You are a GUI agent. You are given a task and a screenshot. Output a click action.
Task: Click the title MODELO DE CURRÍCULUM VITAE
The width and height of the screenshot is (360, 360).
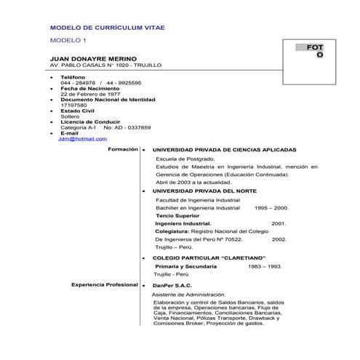click(x=107, y=28)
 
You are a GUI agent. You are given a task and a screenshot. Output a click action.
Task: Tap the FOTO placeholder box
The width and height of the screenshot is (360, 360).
click(x=316, y=52)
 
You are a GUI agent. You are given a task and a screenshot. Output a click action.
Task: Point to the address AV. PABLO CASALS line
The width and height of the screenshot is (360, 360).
click(x=105, y=65)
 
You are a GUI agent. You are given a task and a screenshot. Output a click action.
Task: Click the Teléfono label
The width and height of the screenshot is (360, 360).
click(x=73, y=77)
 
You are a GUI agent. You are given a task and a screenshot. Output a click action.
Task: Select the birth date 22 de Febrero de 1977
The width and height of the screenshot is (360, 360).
click(x=90, y=94)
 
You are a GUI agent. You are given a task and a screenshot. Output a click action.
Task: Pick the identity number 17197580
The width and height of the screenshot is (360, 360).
click(x=73, y=105)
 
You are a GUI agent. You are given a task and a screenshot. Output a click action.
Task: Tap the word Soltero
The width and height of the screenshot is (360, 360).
click(x=71, y=116)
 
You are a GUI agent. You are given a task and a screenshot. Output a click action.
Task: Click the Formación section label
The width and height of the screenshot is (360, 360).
click(x=122, y=148)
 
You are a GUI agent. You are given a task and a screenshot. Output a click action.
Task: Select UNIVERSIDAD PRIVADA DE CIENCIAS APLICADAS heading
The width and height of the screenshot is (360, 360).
click(x=224, y=149)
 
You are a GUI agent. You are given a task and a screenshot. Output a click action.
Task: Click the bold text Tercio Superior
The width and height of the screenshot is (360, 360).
click(x=177, y=215)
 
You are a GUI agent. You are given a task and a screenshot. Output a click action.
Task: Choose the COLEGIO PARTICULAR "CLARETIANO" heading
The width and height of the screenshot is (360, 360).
click(x=209, y=258)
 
